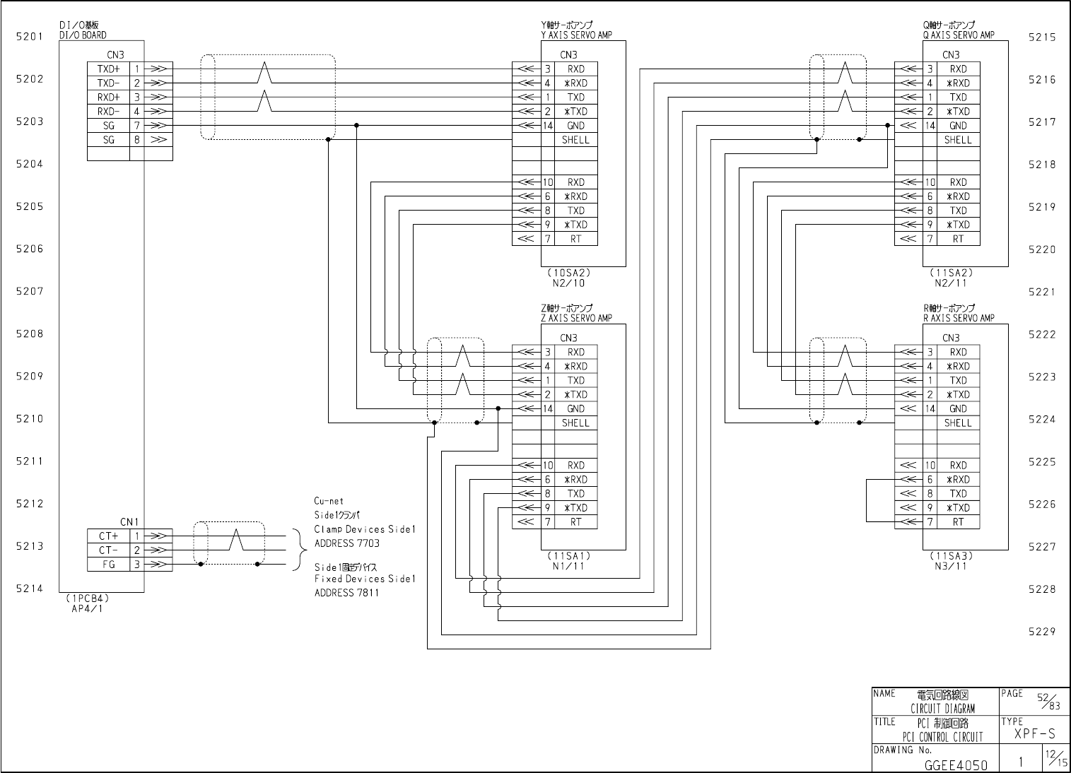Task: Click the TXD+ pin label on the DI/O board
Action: pyautogui.click(x=108, y=69)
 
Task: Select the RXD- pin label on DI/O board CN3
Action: pyautogui.click(x=108, y=112)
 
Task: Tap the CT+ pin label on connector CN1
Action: pyautogui.click(x=107, y=536)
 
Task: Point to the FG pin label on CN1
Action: pyautogui.click(x=107, y=565)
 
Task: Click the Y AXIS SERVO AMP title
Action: pyautogui.click(x=575, y=35)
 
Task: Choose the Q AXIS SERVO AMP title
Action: pyautogui.click(x=958, y=35)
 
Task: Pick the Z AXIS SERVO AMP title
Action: pyautogui.click(x=576, y=318)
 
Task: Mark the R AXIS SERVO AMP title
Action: pyautogui.click(x=958, y=318)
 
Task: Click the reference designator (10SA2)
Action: pyautogui.click(x=568, y=273)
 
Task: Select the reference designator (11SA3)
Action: pyautogui.click(x=951, y=556)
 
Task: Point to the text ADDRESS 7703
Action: pyautogui.click(x=346, y=543)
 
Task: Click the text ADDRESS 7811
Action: pyautogui.click(x=346, y=593)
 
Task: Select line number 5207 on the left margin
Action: pyautogui.click(x=30, y=291)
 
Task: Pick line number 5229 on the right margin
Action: pyautogui.click(x=1042, y=632)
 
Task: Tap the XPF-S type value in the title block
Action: pyautogui.click(x=1034, y=735)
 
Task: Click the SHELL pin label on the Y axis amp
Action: pyautogui.click(x=575, y=140)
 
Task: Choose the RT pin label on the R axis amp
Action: pyautogui.click(x=958, y=522)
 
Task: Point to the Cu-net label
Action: pyautogui.click(x=329, y=501)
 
